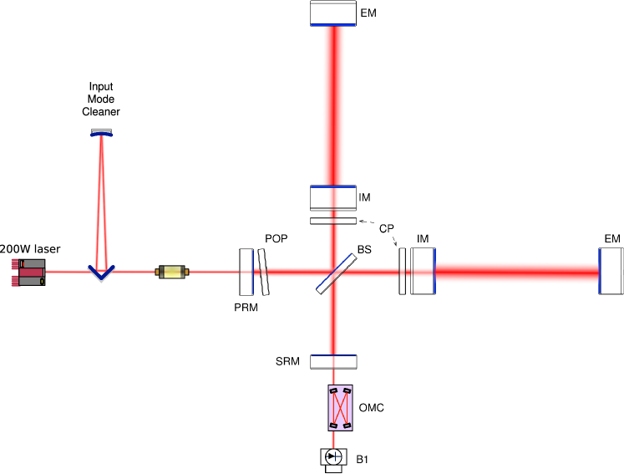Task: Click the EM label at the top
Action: [368, 13]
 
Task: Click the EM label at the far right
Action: [612, 239]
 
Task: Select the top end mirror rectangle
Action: [332, 13]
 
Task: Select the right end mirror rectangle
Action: [611, 271]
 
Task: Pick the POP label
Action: [276, 239]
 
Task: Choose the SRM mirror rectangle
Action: [333, 361]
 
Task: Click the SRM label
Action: [287, 362]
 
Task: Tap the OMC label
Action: [371, 408]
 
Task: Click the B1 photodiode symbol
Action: [332, 456]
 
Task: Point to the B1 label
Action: [363, 458]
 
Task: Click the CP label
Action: [386, 228]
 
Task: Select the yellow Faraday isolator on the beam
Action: [173, 271]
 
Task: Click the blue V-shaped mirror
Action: [102, 272]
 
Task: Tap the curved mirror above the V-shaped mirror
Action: [102, 132]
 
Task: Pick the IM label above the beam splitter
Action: [364, 197]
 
